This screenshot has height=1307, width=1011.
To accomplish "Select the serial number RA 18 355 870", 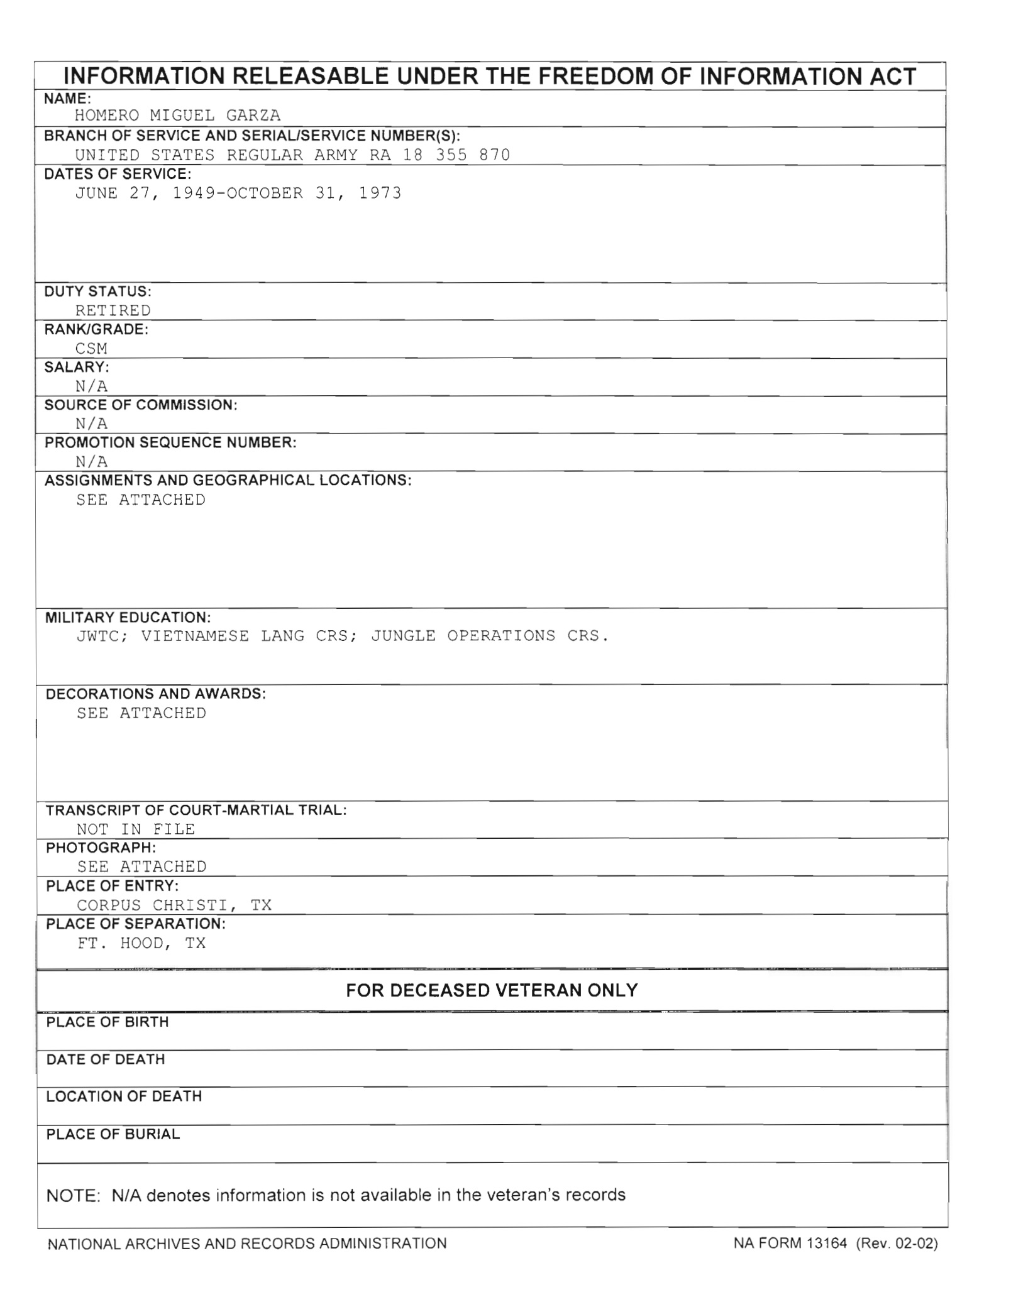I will pyautogui.click(x=439, y=155).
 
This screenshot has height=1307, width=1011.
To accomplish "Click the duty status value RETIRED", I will pyautogui.click(x=113, y=310).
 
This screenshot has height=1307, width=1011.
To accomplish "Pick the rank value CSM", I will pyautogui.click(x=91, y=349).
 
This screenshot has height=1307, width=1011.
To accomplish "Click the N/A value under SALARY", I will pyautogui.click(x=91, y=386).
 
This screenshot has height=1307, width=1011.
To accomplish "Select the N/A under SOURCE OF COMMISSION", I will pyautogui.click(x=91, y=424).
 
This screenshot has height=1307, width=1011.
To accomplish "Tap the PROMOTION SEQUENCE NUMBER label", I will pyautogui.click(x=170, y=442).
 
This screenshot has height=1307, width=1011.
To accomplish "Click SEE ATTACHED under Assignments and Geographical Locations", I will pyautogui.click(x=141, y=500).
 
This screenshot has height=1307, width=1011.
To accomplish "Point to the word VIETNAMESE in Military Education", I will pyautogui.click(x=195, y=636).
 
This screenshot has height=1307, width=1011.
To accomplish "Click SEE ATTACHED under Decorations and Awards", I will pyautogui.click(x=141, y=713).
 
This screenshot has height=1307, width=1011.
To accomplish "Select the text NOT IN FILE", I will pyautogui.click(x=136, y=829).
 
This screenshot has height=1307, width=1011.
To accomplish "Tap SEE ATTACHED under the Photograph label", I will pyautogui.click(x=141, y=867).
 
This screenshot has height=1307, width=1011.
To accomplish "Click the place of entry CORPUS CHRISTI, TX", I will pyautogui.click(x=174, y=905).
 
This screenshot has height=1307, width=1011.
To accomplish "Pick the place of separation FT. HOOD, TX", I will pyautogui.click(x=141, y=943).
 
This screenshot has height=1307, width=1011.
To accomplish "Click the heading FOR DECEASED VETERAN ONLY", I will pyautogui.click(x=492, y=991).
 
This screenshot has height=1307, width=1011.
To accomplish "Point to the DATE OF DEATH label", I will pyautogui.click(x=106, y=1059).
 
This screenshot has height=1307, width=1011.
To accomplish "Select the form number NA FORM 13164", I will pyautogui.click(x=790, y=1243).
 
